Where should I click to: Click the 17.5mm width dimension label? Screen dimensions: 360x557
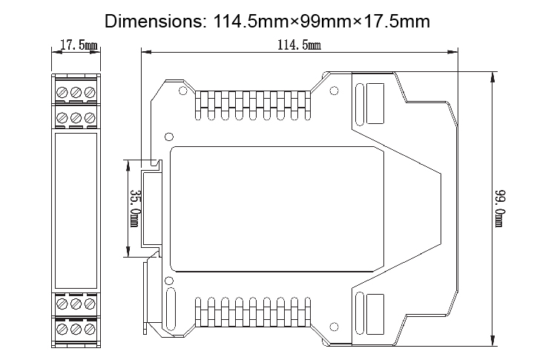pyautogui.click(x=78, y=46)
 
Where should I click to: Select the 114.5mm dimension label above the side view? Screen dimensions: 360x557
pyautogui.click(x=298, y=46)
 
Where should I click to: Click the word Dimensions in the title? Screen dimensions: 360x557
pyautogui.click(x=152, y=20)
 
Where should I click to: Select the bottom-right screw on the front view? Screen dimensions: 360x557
pyautogui.click(x=89, y=328)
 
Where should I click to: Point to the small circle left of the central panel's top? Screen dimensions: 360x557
pyautogui.click(x=169, y=137)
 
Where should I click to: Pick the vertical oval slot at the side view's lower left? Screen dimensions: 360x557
pyautogui.click(x=170, y=304)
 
